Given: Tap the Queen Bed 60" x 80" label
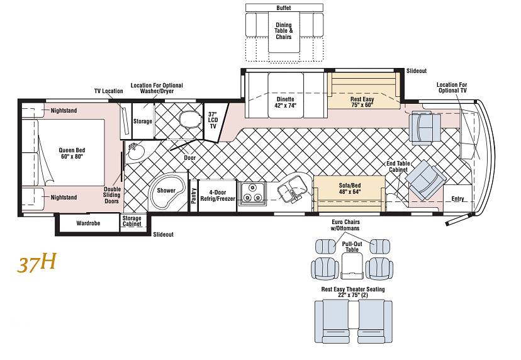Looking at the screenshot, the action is [72, 153].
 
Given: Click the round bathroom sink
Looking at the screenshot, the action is [137, 152].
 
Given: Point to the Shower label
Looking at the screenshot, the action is [166, 191].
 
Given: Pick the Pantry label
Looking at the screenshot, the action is [194, 196].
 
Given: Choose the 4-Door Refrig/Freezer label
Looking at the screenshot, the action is [218, 196].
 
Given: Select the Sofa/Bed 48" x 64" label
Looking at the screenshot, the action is [350, 188].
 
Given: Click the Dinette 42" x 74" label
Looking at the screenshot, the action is [286, 103].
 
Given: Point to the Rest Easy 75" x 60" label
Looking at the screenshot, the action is [362, 102].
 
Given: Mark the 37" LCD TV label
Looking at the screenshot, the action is [213, 120].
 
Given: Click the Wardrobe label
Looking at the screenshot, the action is [88, 223].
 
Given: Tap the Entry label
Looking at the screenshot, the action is [457, 199].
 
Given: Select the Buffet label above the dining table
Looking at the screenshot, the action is [284, 8].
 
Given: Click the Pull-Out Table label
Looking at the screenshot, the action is [352, 247].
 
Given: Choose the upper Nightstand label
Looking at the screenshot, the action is [64, 110].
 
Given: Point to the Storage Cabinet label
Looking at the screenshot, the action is [132, 221].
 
